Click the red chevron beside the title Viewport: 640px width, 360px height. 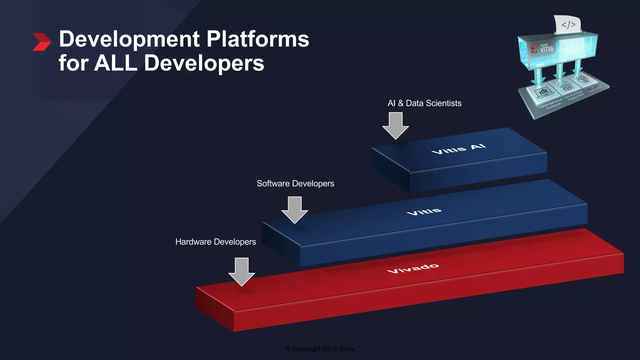(42, 42)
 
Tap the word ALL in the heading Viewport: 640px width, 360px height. (115, 63)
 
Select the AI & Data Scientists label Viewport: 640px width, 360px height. (424, 103)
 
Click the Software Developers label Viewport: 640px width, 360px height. (295, 183)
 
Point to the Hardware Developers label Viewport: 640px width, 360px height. (216, 242)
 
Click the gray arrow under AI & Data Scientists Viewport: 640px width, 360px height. (396, 125)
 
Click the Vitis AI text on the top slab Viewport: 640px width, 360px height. (458, 149)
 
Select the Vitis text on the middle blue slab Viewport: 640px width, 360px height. (424, 212)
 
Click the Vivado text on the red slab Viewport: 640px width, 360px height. (413, 268)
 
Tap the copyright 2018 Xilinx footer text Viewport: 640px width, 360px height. (320, 349)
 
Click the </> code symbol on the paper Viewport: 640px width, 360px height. (568, 25)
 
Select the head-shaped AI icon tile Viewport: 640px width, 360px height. (582, 79)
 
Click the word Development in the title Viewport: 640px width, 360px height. (129, 39)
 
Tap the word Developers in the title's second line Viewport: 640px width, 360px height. (204, 63)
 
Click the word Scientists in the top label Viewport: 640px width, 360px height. (443, 103)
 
